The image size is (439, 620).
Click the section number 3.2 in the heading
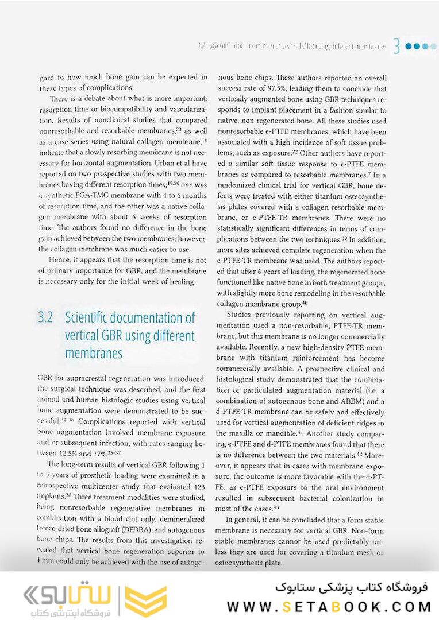click(46, 318)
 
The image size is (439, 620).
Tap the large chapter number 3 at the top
click(396, 46)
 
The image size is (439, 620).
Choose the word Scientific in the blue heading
click(97, 318)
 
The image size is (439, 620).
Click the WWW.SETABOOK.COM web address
click(329, 606)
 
